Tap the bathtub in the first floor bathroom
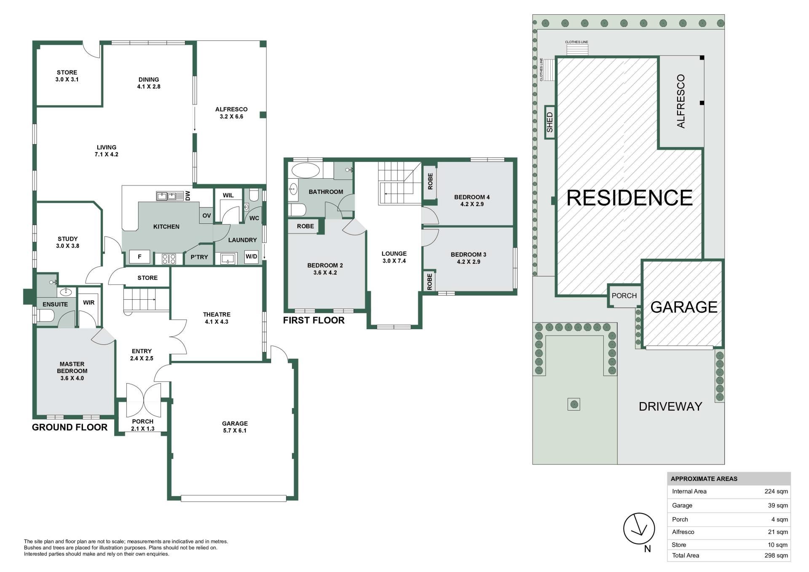pyautogui.click(x=305, y=171)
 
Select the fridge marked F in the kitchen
pyautogui.click(x=140, y=257)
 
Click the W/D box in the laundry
pyautogui.click(x=251, y=257)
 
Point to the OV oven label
pyautogui.click(x=206, y=215)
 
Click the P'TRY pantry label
pyautogui.click(x=199, y=257)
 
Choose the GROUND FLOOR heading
pyautogui.click(x=70, y=427)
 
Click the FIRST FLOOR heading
pyautogui.click(x=314, y=320)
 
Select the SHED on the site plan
pyautogui.click(x=549, y=122)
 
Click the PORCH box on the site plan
pyautogui.click(x=624, y=295)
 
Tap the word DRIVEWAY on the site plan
pyautogui.click(x=670, y=406)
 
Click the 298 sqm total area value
pyautogui.click(x=776, y=556)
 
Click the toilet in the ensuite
pyautogui.click(x=45, y=315)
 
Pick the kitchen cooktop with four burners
pyautogui.click(x=169, y=258)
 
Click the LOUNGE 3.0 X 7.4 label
pyautogui.click(x=394, y=257)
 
